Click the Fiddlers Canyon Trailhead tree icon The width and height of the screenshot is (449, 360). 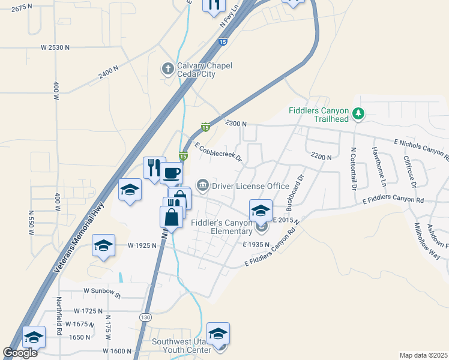click(358, 113)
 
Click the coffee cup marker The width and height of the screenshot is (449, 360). click(171, 173)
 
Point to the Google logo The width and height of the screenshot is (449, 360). click(20, 353)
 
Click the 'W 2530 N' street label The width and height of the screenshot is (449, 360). click(56, 47)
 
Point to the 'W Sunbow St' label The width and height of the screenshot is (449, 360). click(102, 295)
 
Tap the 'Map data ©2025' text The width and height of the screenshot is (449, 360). click(423, 355)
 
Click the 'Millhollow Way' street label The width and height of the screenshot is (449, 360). click(427, 241)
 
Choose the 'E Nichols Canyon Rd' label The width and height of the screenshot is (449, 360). click(421, 150)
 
